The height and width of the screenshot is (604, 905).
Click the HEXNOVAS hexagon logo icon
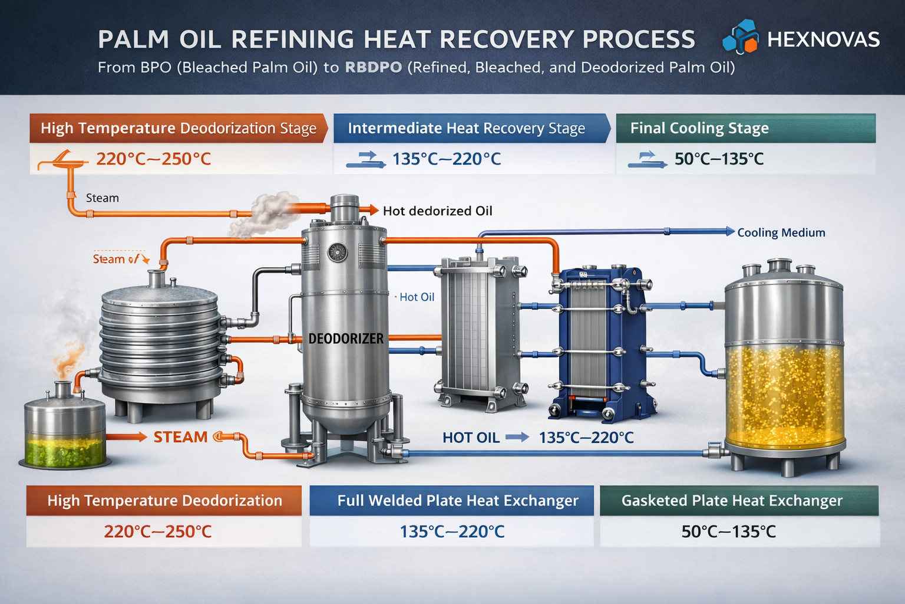(741, 37)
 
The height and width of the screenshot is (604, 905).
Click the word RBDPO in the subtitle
(374, 67)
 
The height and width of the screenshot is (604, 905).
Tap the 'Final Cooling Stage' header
(699, 128)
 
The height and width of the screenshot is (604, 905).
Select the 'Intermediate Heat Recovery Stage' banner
(466, 128)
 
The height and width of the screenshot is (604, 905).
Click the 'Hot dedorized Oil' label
(437, 211)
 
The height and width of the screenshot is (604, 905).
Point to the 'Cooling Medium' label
(781, 232)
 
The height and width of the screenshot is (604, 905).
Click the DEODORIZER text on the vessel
(346, 339)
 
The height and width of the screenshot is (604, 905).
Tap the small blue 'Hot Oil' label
(417, 297)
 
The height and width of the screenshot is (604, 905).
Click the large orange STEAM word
(180, 437)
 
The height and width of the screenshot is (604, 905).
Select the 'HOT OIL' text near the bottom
(471, 438)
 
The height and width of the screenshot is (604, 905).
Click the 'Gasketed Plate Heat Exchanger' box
(732, 501)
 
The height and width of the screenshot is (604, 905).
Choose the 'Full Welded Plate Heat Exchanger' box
(457, 501)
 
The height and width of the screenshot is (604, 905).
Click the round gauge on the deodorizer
(338, 252)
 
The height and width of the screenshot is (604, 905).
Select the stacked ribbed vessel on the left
(160, 348)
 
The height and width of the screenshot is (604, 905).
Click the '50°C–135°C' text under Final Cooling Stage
(719, 159)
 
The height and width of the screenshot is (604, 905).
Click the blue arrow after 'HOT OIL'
(517, 438)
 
